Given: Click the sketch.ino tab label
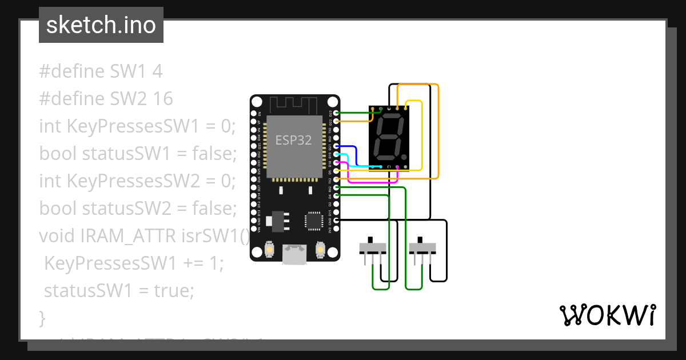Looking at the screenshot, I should tap(101, 25).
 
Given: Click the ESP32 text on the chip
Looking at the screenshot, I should tap(293, 140).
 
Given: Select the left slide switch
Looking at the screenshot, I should tap(373, 249).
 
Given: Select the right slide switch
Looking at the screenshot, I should tap(422, 249).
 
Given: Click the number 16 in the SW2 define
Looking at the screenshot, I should tap(163, 99).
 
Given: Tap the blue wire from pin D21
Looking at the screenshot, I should tap(356, 153).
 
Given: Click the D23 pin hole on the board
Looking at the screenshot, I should tap(336, 113).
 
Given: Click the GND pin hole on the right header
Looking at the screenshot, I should tap(336, 221).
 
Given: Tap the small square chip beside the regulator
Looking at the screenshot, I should tap(314, 221).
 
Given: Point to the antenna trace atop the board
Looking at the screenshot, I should tap(293, 105).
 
